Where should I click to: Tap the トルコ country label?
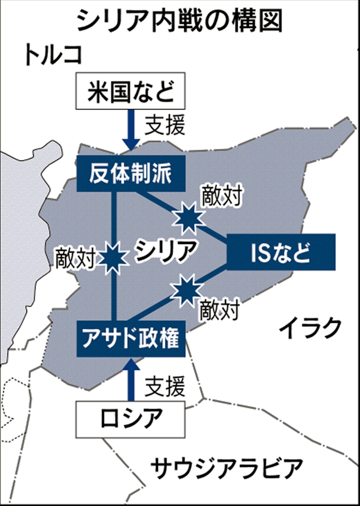click(53, 55)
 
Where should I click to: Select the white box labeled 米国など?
click(130, 92)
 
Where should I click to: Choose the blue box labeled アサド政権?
click(131, 337)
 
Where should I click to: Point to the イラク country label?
click(309, 329)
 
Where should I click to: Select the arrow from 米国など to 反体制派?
click(130, 130)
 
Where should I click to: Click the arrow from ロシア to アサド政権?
click(130, 378)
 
